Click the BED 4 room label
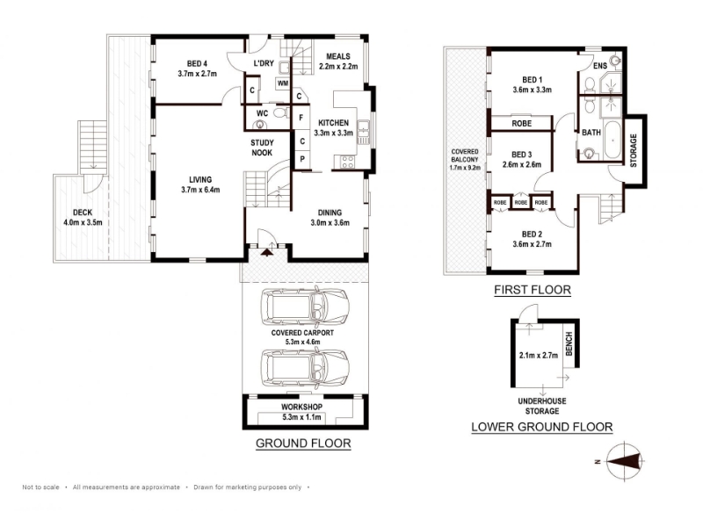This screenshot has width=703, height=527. coord(197,63)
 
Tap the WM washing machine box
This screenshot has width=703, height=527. coord(283,83)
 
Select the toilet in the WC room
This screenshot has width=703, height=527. coord(280,112)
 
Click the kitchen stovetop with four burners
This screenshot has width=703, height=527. coord(347,162)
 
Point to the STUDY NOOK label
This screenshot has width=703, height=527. coord(262,148)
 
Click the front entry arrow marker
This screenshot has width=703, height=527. coord(267,252)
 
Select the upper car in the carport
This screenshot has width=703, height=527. coord(304,307)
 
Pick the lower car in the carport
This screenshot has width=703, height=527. coord(304,366)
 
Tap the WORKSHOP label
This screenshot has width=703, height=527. coord(301,407)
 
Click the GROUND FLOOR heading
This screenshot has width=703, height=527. coord(303,444)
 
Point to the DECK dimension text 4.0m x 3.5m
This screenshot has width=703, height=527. coord(83,222)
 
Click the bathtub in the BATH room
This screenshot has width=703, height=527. coord(612,140)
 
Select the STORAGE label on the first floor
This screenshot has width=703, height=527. coord(634,150)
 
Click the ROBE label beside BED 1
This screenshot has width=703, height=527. coord(521,123)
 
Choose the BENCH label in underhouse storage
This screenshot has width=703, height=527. coord(569,343)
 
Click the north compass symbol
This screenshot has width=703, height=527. coord(625,461)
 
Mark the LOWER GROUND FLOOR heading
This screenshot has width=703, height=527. coord(542,427)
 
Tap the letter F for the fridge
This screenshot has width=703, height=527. coord(301,118)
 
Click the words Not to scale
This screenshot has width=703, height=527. coord(40,487)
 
